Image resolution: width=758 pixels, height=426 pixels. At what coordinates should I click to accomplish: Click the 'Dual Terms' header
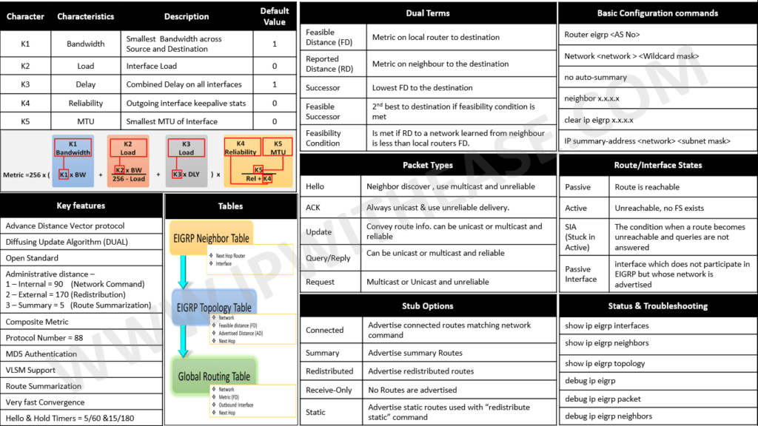tap(428, 13)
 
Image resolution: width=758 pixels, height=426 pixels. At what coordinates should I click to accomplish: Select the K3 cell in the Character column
tap(25, 84)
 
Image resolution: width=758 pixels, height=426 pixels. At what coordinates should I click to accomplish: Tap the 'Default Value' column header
tap(274, 16)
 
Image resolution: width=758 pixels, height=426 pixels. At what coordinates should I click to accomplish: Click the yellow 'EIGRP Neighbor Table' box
tap(212, 238)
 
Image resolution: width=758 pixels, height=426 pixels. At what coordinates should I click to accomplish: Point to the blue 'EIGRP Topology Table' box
tap(214, 307)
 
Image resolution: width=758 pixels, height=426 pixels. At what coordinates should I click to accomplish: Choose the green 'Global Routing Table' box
tap(214, 376)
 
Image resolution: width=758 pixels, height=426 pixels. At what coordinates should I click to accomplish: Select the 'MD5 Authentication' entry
tap(41, 354)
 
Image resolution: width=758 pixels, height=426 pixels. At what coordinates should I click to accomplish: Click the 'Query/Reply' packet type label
tap(328, 257)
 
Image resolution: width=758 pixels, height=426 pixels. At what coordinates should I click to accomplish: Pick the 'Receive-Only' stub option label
tap(329, 390)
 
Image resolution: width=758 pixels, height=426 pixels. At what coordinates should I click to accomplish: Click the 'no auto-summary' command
tap(595, 77)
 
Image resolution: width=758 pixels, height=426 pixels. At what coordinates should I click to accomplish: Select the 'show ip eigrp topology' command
tap(605, 363)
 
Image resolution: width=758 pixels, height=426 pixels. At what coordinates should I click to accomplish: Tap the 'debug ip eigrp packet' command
tap(603, 399)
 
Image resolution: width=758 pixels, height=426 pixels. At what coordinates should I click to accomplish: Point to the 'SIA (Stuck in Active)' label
tap(580, 237)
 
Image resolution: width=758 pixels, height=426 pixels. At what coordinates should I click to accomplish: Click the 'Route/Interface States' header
tap(658, 165)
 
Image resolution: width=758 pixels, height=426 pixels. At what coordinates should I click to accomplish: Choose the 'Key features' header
tap(81, 206)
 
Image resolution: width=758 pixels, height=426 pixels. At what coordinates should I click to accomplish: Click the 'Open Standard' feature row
tap(32, 258)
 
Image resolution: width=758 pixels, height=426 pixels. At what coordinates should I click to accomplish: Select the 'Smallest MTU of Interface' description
tap(172, 121)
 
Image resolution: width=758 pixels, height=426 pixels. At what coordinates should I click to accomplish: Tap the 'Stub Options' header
tap(428, 305)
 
